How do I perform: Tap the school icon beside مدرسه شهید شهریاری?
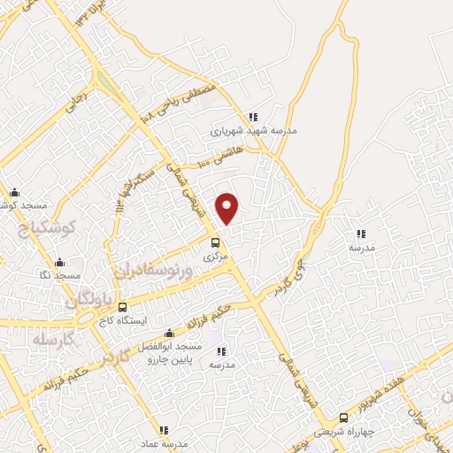point(253,117)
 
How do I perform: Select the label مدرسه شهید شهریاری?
point(254,130)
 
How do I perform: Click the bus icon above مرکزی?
point(215,242)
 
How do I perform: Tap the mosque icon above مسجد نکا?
point(59,263)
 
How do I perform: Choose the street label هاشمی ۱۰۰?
point(219,157)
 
